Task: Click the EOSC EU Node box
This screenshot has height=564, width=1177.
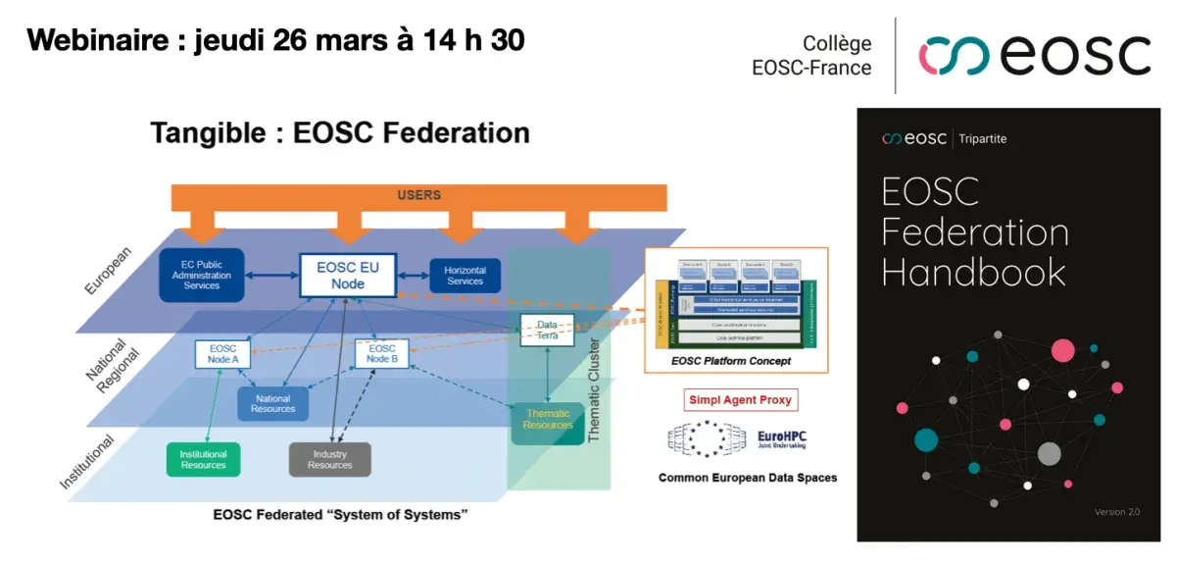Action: pos(348,276)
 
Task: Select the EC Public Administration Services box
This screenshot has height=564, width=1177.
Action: pos(202,275)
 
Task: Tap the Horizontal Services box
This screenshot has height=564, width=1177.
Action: pos(465,276)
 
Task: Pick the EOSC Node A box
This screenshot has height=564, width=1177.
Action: pos(223,354)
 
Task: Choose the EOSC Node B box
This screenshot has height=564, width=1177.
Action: pos(381,354)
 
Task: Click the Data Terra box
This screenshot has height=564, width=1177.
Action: pos(546,331)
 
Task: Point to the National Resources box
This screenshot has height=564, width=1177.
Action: pos(273,403)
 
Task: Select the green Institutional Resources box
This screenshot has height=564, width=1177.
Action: pos(204,459)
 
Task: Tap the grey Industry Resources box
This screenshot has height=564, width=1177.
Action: pos(329,459)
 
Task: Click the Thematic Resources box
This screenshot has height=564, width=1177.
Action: pos(547,420)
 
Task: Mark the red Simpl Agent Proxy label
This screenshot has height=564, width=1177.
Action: pos(740,400)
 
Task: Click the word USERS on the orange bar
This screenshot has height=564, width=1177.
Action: pos(418,195)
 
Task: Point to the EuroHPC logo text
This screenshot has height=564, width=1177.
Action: pos(783,438)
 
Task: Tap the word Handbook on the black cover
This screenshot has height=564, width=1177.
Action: pos(973,271)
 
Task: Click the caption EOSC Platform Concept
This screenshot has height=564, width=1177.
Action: pos(730,362)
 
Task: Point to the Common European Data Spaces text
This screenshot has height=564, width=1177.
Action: pos(747,479)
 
